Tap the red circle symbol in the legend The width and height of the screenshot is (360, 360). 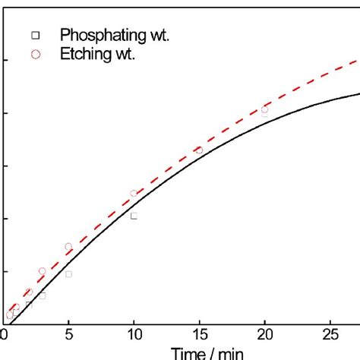(35, 54)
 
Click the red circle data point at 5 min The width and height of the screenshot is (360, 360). (68, 247)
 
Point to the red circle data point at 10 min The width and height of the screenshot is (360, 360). (134, 194)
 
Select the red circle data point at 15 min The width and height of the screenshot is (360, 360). (199, 150)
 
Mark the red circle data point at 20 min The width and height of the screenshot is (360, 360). (264, 109)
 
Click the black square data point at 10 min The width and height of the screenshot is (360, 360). (134, 216)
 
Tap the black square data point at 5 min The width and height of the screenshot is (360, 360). (68, 274)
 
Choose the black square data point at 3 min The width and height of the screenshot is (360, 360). (43, 295)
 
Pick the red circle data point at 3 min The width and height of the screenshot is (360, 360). (43, 271)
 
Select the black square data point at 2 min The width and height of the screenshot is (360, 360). (29, 305)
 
